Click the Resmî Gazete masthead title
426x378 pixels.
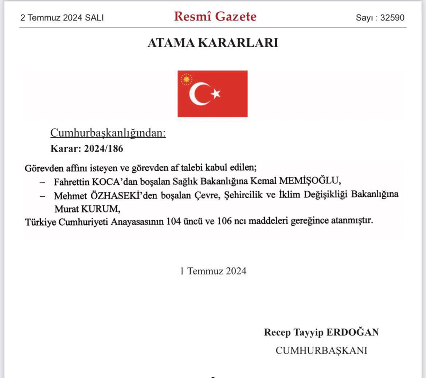(x=215, y=16)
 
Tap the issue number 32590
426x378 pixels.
(x=392, y=17)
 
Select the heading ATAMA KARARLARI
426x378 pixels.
(x=213, y=43)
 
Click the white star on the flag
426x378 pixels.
(x=216, y=94)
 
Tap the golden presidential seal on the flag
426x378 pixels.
(x=187, y=79)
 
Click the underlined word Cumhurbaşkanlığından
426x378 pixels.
(x=108, y=133)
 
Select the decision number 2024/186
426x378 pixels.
(x=103, y=148)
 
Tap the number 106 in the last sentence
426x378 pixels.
(x=224, y=221)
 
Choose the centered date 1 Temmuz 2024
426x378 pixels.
(x=213, y=271)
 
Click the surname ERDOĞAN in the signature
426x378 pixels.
(x=352, y=332)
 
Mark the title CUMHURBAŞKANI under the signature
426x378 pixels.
(x=321, y=350)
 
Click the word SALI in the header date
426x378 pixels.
(x=94, y=17)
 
